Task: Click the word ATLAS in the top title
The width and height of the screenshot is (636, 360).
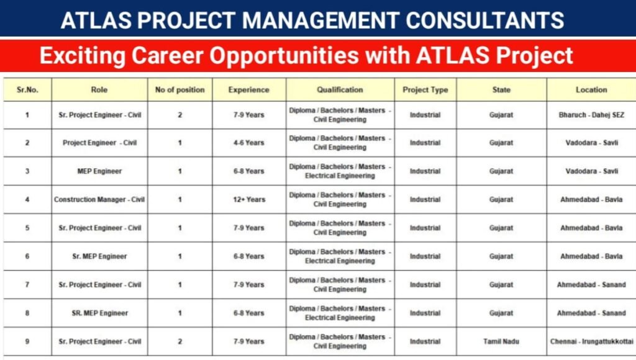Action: tap(93, 20)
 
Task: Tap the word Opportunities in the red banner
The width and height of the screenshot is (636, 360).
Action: tap(287, 55)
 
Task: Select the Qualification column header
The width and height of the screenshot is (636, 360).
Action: tap(340, 89)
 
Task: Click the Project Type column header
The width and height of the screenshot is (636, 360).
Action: tap(425, 89)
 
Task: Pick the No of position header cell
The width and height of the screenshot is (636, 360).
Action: tap(179, 89)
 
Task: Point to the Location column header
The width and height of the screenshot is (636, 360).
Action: tap(591, 89)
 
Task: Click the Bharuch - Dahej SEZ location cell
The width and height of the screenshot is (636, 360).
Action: tap(591, 115)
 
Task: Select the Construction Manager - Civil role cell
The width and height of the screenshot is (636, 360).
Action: tap(99, 200)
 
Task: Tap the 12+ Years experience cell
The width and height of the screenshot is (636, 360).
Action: tap(248, 200)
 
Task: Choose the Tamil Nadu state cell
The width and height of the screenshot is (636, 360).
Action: tap(501, 341)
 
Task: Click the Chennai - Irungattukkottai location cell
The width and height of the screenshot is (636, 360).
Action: tap(591, 341)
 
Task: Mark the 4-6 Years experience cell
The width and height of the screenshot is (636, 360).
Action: tap(248, 143)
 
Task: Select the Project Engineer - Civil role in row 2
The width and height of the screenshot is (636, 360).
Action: tap(99, 143)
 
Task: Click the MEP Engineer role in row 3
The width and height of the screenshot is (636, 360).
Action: tap(99, 171)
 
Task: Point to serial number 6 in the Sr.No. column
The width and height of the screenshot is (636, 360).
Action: tap(27, 256)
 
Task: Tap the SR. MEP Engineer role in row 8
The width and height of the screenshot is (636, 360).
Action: tap(99, 313)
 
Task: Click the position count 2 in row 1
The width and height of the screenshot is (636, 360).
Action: tap(180, 115)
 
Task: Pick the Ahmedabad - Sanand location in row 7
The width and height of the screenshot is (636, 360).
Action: tap(591, 285)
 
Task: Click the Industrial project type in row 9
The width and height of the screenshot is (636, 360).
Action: tap(425, 341)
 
